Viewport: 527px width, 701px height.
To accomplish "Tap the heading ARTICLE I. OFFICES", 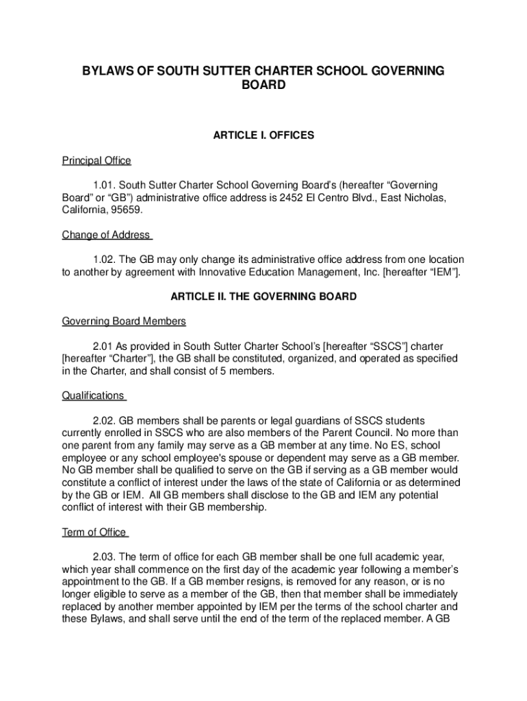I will point(263,136).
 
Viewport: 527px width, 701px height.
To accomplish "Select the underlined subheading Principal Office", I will point(97,161).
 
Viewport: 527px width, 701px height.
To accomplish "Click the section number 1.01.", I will point(105,186).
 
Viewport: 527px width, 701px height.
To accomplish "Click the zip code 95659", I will point(125,211).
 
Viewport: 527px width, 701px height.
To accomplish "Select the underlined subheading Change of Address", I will point(106,235).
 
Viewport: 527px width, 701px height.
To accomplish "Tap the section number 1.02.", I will point(105,260).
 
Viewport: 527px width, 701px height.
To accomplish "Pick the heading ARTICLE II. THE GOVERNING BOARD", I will point(263,297).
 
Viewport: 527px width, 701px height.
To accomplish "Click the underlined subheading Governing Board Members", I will point(124,321).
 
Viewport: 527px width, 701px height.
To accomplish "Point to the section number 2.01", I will point(104,346).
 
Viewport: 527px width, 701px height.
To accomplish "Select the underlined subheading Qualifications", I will point(93,396).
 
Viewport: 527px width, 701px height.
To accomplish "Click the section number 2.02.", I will point(105,420).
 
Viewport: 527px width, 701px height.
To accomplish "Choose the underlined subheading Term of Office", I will point(94,533).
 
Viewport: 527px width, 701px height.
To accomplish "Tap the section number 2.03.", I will point(105,557).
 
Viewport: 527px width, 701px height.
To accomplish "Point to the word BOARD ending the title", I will point(263,86).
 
